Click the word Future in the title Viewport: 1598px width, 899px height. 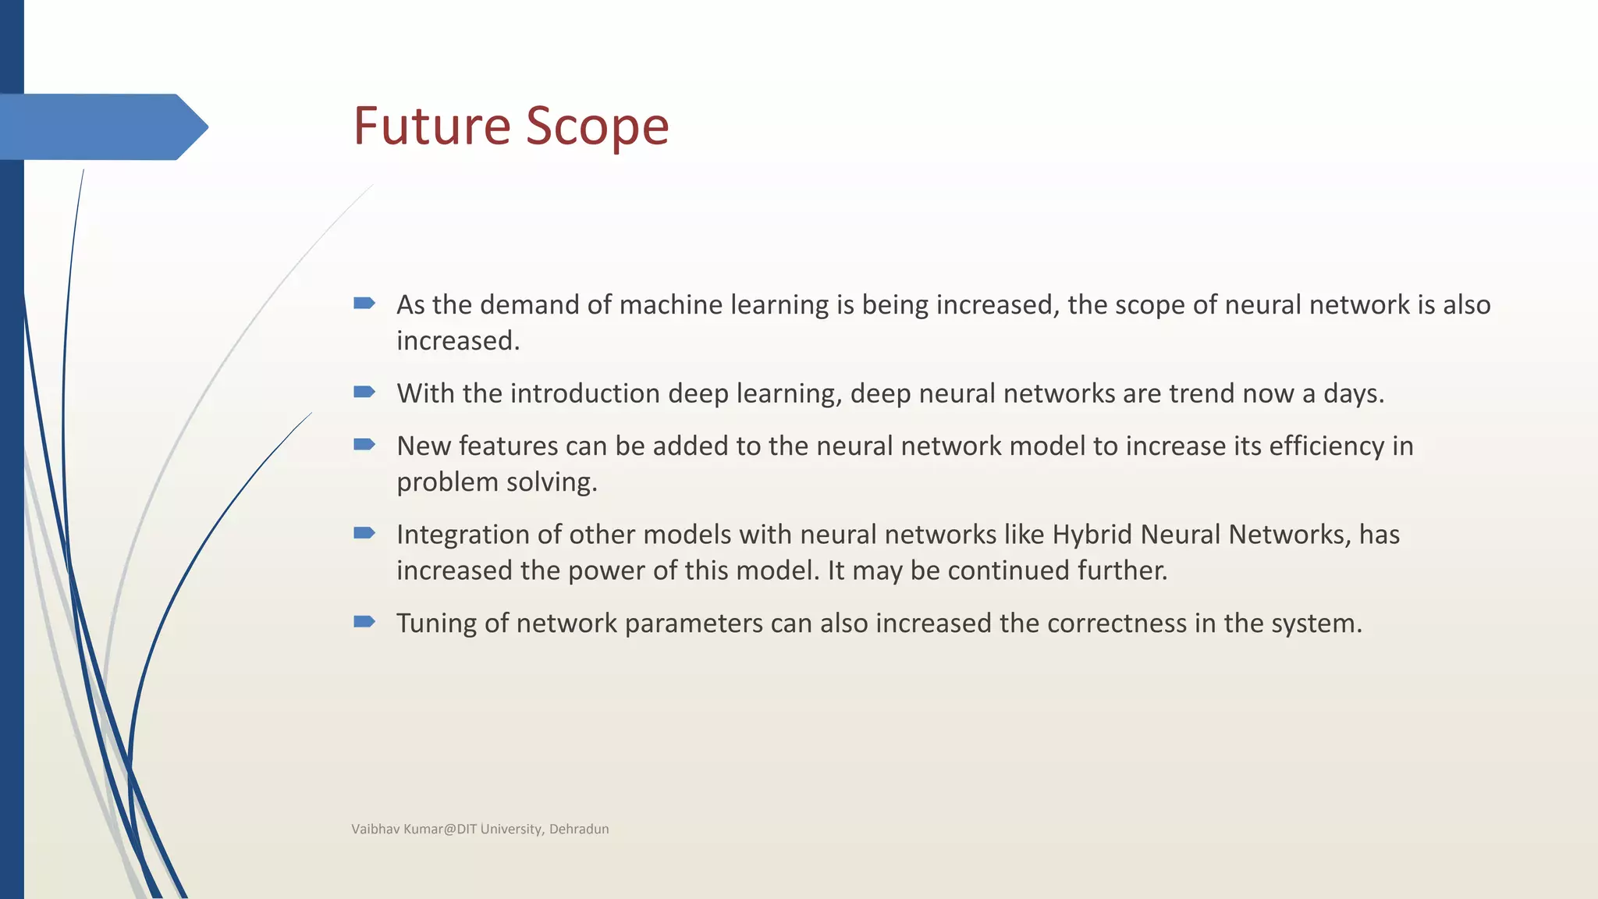433,126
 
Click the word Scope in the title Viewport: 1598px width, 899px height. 597,126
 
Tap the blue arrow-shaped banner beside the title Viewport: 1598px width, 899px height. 101,126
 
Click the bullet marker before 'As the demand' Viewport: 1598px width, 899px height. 364,303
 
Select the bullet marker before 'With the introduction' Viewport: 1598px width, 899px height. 364,392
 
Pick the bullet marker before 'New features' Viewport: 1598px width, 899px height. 364,445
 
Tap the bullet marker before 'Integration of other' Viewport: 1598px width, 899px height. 364,533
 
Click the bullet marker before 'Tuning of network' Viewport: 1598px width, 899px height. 364,622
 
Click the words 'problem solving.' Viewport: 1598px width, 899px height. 496,482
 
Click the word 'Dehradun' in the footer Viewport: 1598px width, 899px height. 579,830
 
